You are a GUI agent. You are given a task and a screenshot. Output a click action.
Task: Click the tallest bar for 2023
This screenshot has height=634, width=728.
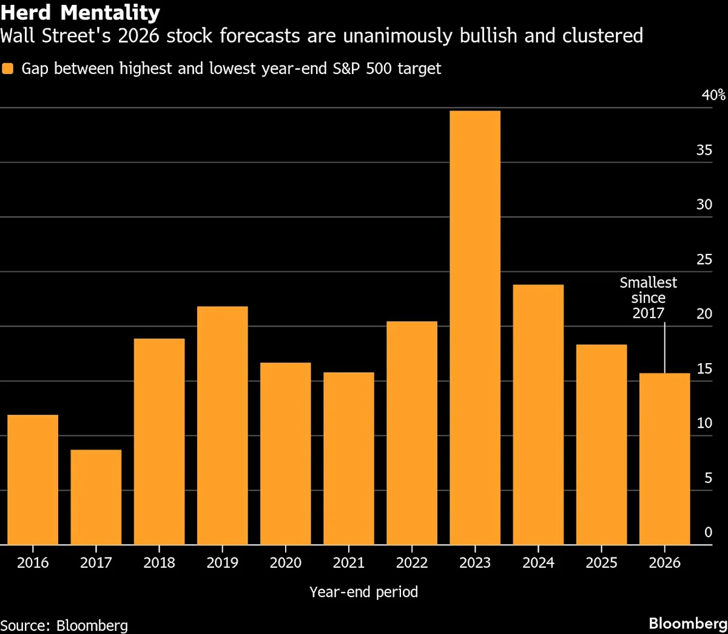click(475, 328)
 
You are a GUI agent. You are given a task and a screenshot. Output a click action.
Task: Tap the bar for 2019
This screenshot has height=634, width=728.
click(222, 425)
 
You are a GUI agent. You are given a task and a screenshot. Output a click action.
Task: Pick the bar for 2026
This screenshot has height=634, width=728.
click(664, 458)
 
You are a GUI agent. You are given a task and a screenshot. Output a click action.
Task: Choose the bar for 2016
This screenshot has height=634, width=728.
click(33, 480)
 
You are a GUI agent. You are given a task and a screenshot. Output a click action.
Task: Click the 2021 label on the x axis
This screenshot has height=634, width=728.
click(349, 563)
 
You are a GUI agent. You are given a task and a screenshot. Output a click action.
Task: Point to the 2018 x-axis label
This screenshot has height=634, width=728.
click(159, 563)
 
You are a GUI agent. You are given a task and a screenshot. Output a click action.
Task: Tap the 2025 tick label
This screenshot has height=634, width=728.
click(601, 563)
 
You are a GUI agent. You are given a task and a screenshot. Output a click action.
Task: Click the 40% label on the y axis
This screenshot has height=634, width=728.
click(713, 95)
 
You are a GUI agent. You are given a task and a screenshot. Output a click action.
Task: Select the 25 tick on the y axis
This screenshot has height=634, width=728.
click(704, 259)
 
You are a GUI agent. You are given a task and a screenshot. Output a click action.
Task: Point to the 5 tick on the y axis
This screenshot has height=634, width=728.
click(708, 478)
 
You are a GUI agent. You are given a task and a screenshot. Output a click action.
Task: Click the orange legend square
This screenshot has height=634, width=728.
click(8, 69)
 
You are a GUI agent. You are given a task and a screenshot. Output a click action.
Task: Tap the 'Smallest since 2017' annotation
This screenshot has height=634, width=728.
click(648, 298)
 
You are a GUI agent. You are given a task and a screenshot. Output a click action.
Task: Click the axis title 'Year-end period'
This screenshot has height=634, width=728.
click(363, 592)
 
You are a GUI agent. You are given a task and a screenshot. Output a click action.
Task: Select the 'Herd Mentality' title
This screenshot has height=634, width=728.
click(80, 12)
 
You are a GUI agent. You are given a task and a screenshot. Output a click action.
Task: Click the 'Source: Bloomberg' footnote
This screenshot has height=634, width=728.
click(64, 625)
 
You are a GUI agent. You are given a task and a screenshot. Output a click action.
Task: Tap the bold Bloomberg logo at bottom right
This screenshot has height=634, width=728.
click(687, 624)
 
